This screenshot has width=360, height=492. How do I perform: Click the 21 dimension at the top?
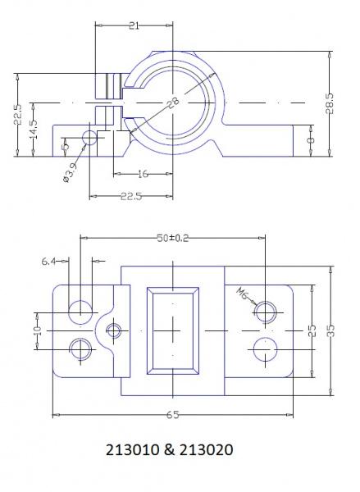[x=134, y=25]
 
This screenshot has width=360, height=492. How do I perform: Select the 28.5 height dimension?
[x=330, y=103]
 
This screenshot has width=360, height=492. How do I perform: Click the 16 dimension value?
[x=144, y=174]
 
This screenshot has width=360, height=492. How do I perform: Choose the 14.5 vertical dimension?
[x=34, y=129]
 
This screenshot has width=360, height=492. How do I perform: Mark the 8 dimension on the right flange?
[x=311, y=140]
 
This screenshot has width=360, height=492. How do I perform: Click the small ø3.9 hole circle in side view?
[x=89, y=138]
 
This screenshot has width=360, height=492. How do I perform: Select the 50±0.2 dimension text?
[x=173, y=238]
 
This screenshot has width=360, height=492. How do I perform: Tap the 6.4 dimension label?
[x=48, y=261]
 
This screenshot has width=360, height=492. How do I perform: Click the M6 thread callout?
[x=243, y=294]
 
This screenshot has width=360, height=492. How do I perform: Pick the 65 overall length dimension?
[x=172, y=415]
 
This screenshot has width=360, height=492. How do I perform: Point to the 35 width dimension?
[x=331, y=330]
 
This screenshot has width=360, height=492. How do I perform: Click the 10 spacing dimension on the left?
[x=38, y=330]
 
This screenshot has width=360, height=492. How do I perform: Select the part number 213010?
[x=133, y=449]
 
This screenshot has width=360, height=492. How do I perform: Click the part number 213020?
[x=206, y=449]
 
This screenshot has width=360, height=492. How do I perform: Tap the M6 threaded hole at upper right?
[x=266, y=312]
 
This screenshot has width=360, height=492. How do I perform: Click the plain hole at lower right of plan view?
[x=266, y=349]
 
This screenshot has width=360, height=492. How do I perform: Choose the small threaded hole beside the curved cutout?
[x=114, y=330]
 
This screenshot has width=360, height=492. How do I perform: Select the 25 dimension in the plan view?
[x=312, y=330]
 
